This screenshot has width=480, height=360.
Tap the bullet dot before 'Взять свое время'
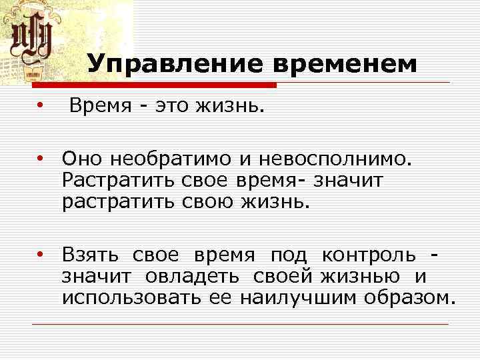pyautogui.click(x=41, y=254)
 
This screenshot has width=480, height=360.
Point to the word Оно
pyautogui.click(x=83, y=159)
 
